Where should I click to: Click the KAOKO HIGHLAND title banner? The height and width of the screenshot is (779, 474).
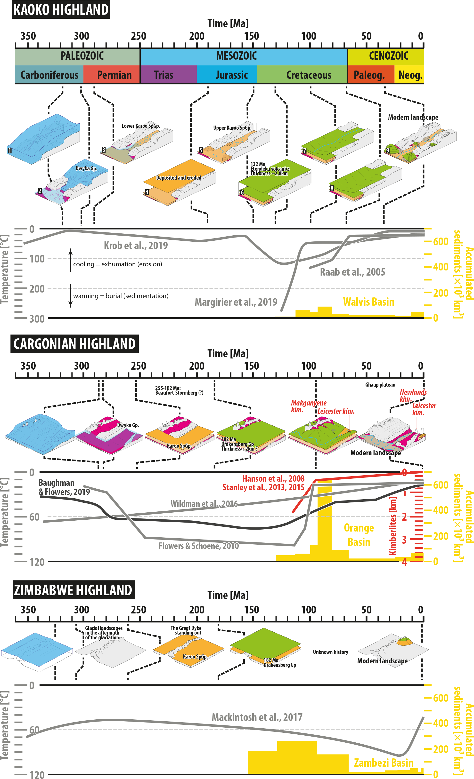[61, 9]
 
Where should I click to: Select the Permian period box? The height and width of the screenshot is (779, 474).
[112, 75]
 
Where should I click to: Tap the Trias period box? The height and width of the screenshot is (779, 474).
[168, 75]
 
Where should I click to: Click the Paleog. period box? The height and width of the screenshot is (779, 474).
[371, 75]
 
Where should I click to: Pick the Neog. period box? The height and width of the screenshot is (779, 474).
[409, 75]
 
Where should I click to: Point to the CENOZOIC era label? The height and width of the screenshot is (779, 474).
[389, 56]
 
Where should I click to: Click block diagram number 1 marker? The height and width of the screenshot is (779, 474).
[9, 151]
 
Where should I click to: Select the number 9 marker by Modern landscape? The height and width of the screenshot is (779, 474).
[387, 150]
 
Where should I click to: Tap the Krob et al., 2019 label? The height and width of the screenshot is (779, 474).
[136, 246]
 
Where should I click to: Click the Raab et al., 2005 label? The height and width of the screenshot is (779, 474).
[352, 272]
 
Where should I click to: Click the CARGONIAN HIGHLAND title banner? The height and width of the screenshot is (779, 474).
[74, 344]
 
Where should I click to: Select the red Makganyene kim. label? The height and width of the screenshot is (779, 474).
[309, 406]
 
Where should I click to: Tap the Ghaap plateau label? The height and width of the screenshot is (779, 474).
[380, 385]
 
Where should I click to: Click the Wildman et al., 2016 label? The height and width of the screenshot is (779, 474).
[204, 504]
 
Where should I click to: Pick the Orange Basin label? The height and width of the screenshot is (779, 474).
[359, 535]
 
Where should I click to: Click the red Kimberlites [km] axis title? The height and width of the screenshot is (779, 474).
[393, 525]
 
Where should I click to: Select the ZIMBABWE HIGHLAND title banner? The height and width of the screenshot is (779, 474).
[74, 590]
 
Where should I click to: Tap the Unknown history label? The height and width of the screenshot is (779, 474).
[330, 652]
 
